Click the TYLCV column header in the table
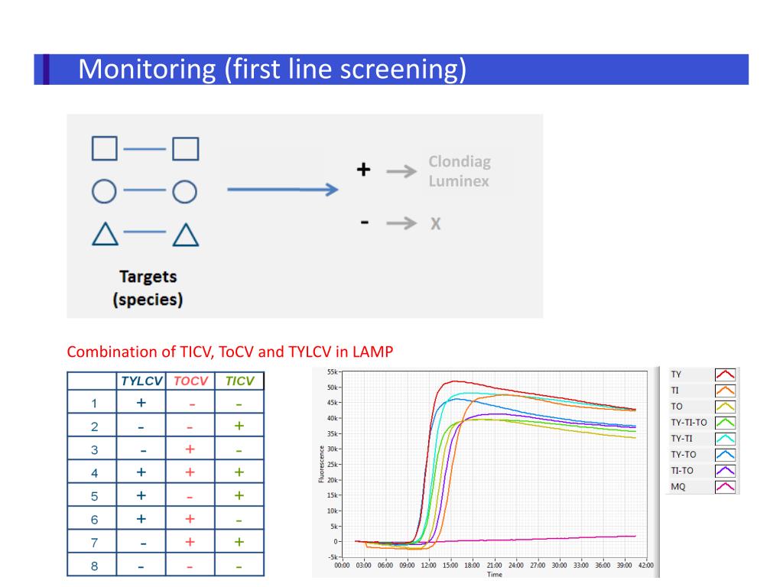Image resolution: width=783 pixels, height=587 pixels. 141,381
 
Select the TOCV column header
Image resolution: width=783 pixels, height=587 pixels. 190,381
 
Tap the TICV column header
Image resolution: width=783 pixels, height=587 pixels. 239,381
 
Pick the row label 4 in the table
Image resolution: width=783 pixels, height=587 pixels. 94,473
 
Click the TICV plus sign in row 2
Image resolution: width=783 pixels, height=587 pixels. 239,426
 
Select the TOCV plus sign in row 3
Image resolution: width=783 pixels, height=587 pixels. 190,449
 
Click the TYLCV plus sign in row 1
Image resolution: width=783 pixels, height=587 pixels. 141,403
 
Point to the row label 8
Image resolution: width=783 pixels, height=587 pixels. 94,566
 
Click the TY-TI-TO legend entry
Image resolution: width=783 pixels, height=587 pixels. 688,422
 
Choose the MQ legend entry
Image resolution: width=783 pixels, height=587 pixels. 678,486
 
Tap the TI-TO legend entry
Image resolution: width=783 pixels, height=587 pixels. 682,470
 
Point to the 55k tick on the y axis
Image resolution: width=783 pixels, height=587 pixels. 331,371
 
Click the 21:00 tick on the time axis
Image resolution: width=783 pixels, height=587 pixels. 494,566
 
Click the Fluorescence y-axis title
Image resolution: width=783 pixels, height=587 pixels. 321,465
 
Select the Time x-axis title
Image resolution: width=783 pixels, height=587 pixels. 494,575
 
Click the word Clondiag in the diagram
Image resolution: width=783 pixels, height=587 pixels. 459,162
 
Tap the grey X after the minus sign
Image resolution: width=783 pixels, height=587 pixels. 436,224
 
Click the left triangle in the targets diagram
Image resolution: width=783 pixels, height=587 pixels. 105,234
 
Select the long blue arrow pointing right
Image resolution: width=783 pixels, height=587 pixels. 282,190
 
